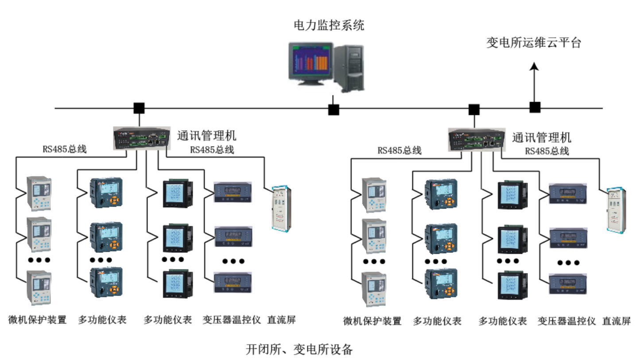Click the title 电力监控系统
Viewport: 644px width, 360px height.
pyautogui.click(x=329, y=25)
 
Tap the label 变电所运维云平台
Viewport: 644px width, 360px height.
pyautogui.click(x=533, y=43)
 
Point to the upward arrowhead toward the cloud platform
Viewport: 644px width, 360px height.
pyautogui.click(x=535, y=66)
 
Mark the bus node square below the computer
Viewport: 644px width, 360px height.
pyautogui.click(x=334, y=109)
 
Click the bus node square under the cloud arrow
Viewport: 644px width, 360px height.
pyautogui.click(x=535, y=107)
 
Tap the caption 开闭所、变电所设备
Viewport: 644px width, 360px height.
pyautogui.click(x=299, y=350)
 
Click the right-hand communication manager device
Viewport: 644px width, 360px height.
pyautogui.click(x=477, y=139)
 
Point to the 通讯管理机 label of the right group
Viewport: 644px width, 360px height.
pyautogui.click(x=541, y=137)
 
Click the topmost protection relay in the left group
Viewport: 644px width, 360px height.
pyautogui.click(x=39, y=194)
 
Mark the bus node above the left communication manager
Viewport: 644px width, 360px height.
pyautogui.click(x=139, y=108)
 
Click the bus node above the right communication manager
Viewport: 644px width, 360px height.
pyautogui.click(x=474, y=108)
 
